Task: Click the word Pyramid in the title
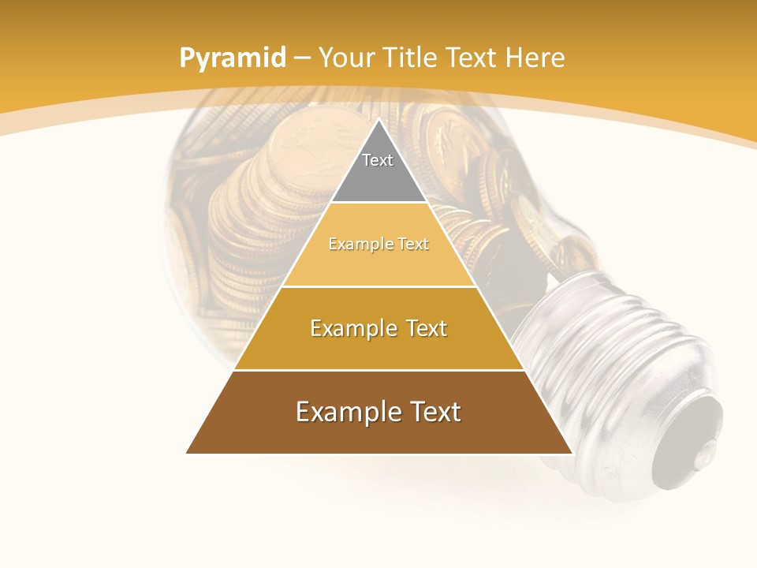click(232, 58)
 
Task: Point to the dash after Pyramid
click(301, 58)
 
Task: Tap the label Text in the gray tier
click(378, 160)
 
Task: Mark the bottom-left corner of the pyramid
click(188, 452)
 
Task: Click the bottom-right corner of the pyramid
click(571, 452)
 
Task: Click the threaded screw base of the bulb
click(599, 347)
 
